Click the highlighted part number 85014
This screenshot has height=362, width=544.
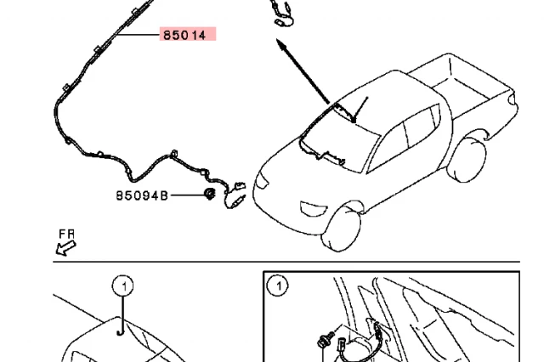(x=184, y=35)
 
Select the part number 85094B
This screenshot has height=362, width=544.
(x=142, y=195)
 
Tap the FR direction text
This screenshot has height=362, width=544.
(x=66, y=234)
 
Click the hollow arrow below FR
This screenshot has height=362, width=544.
(x=66, y=248)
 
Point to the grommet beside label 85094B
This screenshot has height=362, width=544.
(x=210, y=194)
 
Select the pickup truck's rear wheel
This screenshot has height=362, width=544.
(x=467, y=161)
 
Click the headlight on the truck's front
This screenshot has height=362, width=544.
(x=262, y=181)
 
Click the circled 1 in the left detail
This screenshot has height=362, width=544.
(x=123, y=286)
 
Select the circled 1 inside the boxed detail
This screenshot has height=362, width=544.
(x=278, y=286)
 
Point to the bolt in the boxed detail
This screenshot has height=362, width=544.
(x=326, y=340)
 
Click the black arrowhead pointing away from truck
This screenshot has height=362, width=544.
(x=281, y=45)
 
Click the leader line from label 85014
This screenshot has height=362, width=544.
(x=138, y=35)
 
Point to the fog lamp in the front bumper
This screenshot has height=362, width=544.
(x=314, y=209)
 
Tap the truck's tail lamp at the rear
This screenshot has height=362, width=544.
(x=512, y=99)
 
